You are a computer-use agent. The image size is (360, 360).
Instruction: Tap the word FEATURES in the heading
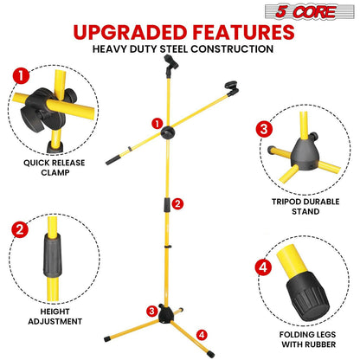[243, 32]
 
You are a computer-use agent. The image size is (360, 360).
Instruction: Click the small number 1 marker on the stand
[157, 123]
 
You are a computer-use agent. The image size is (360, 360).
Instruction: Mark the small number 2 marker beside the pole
[177, 203]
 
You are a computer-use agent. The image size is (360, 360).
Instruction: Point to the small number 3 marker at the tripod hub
[151, 311]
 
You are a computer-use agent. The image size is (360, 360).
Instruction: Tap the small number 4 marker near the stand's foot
[202, 333]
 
